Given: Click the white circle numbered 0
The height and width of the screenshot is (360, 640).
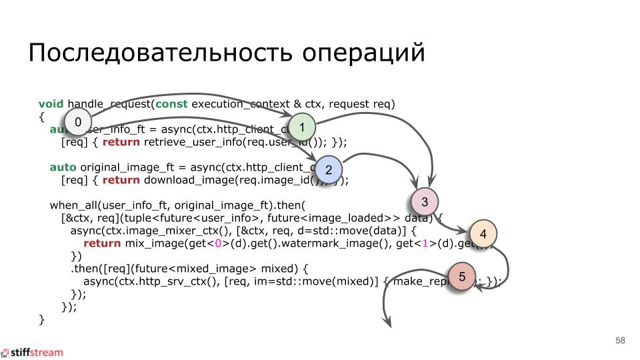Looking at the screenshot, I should point(78,122).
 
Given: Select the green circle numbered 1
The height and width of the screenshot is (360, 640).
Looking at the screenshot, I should point(302,127).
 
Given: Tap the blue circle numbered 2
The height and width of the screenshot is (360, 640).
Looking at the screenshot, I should point(329,169).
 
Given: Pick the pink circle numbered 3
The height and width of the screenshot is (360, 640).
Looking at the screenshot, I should point(425,201).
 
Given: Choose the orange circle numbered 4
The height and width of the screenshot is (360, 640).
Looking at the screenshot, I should point(483,234).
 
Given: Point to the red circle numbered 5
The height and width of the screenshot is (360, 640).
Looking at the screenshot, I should point(462,275).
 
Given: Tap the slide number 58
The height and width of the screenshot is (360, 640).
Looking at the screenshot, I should point(620,341).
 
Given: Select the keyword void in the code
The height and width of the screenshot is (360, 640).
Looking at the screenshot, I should point(51,104).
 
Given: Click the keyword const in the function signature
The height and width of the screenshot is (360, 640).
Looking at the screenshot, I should point(171,104).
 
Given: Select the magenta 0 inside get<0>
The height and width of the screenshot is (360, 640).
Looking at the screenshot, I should point(218,243).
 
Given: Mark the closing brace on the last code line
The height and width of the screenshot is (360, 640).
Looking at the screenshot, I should point(41,319).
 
